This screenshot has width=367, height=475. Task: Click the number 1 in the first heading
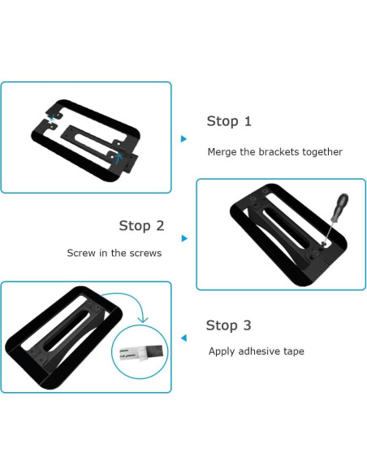[248, 122]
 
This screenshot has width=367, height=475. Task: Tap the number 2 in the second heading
[160, 226]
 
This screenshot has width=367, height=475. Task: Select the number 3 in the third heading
[247, 326]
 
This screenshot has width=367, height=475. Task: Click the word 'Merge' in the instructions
[222, 152]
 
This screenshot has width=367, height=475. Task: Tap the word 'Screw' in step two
[82, 253]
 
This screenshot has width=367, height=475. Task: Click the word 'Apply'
[222, 352]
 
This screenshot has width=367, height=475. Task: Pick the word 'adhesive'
[261, 352]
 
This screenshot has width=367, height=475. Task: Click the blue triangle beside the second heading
[184, 238]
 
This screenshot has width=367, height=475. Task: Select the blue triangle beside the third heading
[184, 338]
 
